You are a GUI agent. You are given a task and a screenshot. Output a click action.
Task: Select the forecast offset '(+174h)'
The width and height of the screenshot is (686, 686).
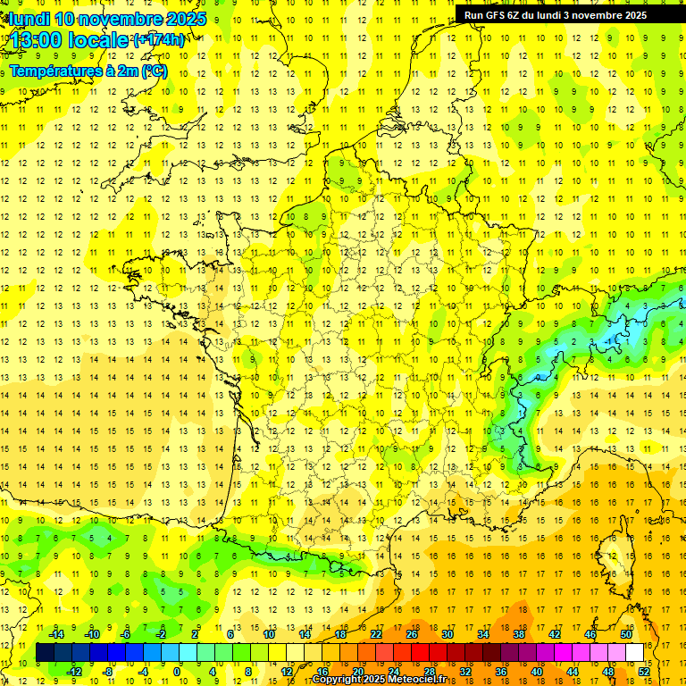[160, 40]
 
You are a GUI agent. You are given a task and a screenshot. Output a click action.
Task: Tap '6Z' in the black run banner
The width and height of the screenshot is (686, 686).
[520, 15]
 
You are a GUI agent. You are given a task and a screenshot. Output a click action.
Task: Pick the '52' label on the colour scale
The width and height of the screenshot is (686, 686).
[644, 672]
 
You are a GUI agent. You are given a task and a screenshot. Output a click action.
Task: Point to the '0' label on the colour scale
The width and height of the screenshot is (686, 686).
[177, 672]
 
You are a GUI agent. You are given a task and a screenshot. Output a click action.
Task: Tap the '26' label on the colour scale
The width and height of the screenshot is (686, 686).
[412, 633]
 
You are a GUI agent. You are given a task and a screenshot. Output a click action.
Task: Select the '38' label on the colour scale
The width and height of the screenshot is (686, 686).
[519, 633]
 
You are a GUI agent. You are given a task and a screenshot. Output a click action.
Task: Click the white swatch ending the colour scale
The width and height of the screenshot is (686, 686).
[635, 653]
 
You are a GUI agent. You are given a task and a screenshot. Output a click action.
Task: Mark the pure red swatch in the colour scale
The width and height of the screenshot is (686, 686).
[421, 653]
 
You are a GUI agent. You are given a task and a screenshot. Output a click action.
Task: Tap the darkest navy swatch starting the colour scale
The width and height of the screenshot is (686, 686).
[46, 653]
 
